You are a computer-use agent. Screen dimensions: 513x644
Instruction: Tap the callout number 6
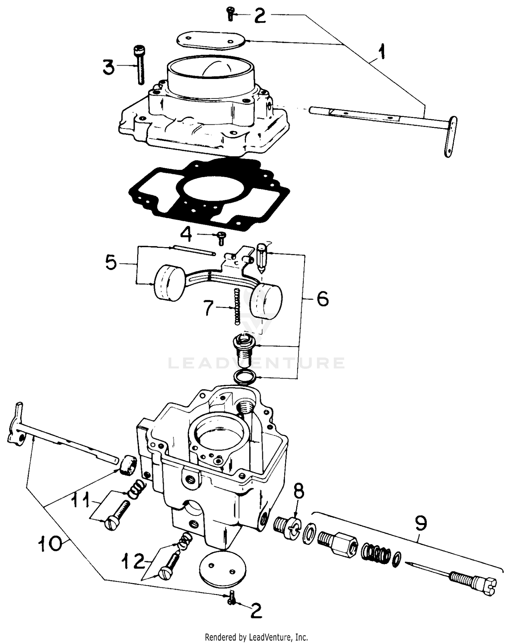(322, 298)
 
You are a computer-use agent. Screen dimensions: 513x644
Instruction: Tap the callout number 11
(81, 501)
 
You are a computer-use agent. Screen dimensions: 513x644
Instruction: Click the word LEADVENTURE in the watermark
(256, 363)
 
